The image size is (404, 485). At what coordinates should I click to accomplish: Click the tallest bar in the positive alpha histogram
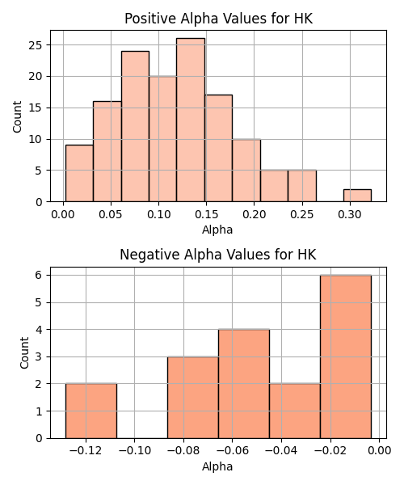191,120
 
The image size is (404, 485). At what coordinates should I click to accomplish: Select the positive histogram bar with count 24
135,127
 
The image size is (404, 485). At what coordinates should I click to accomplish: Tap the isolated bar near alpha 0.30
357,196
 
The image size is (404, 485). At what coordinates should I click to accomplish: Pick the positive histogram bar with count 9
79,173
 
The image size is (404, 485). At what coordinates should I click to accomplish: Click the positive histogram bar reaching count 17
218,149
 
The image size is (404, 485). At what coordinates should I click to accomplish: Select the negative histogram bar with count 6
346,356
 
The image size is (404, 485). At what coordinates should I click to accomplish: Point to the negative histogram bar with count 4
244,384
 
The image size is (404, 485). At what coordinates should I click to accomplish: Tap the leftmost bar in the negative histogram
91,411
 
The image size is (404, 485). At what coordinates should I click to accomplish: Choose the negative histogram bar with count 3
193,398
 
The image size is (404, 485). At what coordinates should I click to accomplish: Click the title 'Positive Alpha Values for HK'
218,19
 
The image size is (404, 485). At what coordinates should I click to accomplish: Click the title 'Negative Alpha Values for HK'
218,255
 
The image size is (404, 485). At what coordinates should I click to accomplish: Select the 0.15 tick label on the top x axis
207,214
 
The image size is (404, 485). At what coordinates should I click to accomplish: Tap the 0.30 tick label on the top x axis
350,214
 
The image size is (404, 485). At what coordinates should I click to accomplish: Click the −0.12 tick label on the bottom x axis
86,451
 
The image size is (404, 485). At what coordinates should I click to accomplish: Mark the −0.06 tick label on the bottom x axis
233,451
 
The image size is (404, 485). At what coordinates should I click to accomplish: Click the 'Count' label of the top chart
17,117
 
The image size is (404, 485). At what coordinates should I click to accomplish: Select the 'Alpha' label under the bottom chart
217,466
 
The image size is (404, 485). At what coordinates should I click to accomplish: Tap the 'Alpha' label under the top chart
217,230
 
